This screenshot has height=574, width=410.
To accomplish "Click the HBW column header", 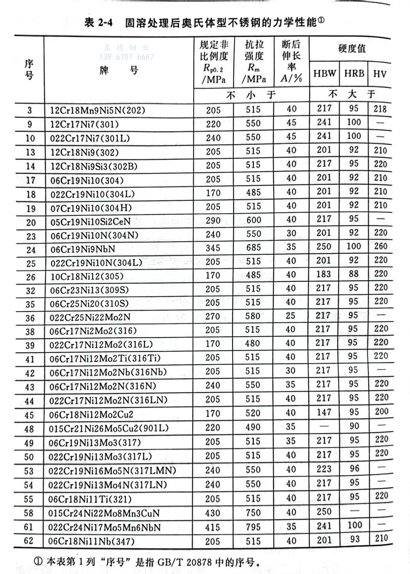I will coord(325,73).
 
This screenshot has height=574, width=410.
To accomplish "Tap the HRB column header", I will coord(354,73).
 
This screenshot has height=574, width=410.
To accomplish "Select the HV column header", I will coord(380,73).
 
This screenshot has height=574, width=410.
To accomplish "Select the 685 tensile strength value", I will coord(253,249).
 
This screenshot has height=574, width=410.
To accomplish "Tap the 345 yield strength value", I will coord(213,249).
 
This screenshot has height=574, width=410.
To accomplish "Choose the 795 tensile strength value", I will coord(253,527).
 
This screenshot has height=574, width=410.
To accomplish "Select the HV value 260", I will coord(380,249).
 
